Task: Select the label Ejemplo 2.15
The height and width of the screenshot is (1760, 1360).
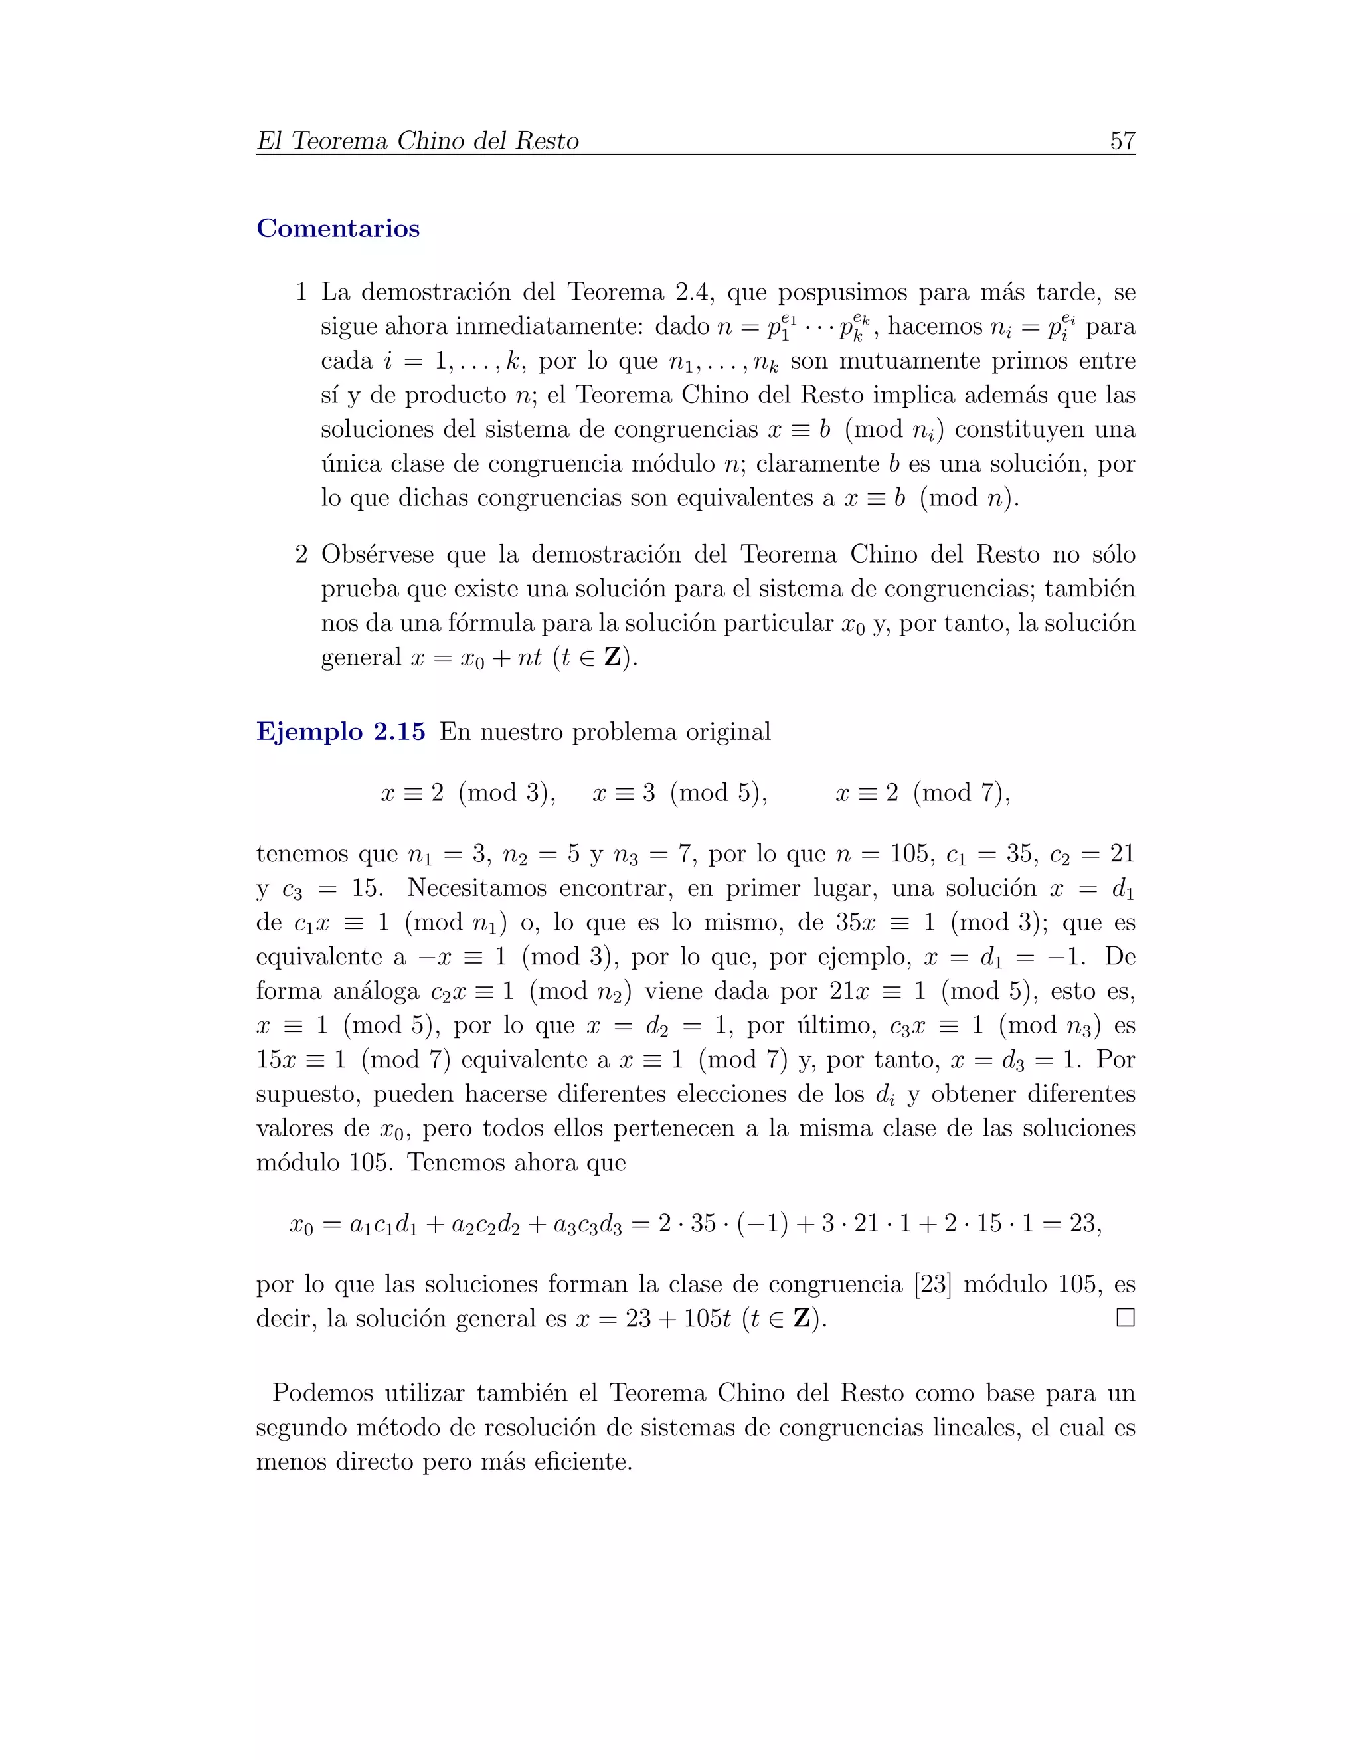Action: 340,732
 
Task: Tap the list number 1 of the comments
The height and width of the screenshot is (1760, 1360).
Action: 301,292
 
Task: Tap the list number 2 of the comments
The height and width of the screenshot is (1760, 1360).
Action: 301,555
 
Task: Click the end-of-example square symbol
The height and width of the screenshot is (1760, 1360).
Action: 1125,1318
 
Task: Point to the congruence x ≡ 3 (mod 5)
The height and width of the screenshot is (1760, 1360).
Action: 679,793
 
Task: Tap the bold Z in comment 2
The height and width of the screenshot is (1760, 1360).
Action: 613,658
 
